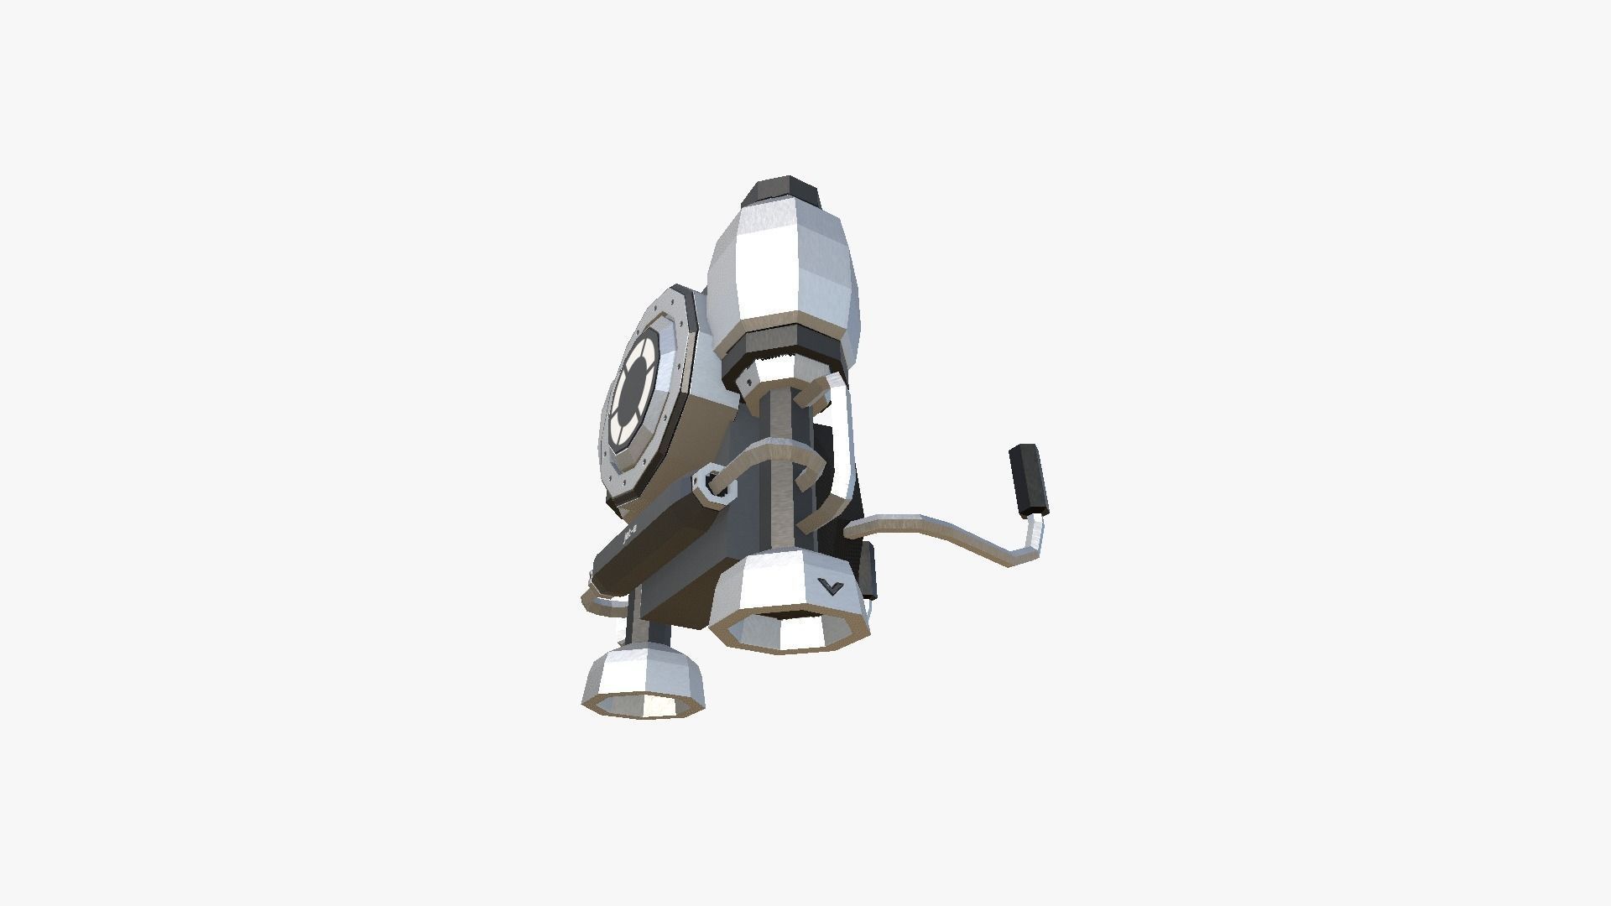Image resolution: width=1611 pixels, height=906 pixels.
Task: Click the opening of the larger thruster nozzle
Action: (x=793, y=629)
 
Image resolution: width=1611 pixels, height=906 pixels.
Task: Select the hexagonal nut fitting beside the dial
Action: (x=716, y=486)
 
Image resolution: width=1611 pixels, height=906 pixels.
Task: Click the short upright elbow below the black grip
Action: (x=1034, y=537)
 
